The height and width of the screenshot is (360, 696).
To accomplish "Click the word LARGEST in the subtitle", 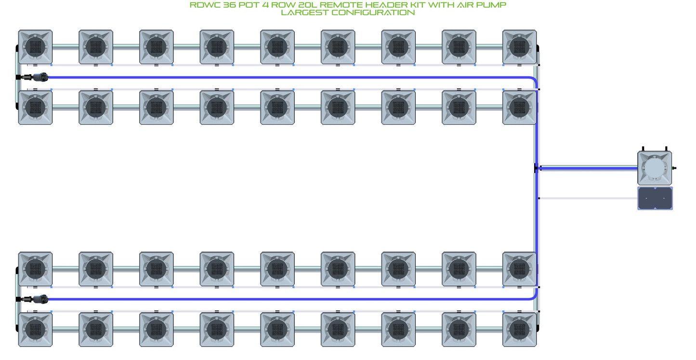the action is click(x=304, y=13).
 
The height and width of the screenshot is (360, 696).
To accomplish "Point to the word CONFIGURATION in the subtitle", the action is click(x=373, y=13).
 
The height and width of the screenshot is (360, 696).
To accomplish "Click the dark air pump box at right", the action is click(x=655, y=199).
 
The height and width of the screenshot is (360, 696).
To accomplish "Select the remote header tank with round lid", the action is click(x=655, y=168).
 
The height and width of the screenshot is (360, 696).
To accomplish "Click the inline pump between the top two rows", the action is click(x=40, y=77).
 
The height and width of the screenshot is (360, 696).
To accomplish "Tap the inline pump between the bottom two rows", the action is click(x=40, y=299).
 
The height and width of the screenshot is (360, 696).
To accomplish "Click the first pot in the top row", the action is click(x=36, y=47).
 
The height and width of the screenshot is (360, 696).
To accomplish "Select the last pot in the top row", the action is click(x=520, y=47).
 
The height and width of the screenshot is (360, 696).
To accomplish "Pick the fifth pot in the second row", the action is click(x=277, y=107).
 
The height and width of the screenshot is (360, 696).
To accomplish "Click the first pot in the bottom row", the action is click(x=36, y=330).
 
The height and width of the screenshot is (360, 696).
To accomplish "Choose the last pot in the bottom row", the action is click(x=520, y=330).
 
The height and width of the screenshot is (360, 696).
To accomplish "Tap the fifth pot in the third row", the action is click(x=277, y=269).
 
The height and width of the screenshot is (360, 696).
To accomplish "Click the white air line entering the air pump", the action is click(x=588, y=198).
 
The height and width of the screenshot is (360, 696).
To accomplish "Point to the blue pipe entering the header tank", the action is click(x=589, y=169).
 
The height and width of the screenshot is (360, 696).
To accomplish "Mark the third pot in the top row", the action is click(x=156, y=47).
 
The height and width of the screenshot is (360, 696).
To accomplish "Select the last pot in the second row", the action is click(x=520, y=107).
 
